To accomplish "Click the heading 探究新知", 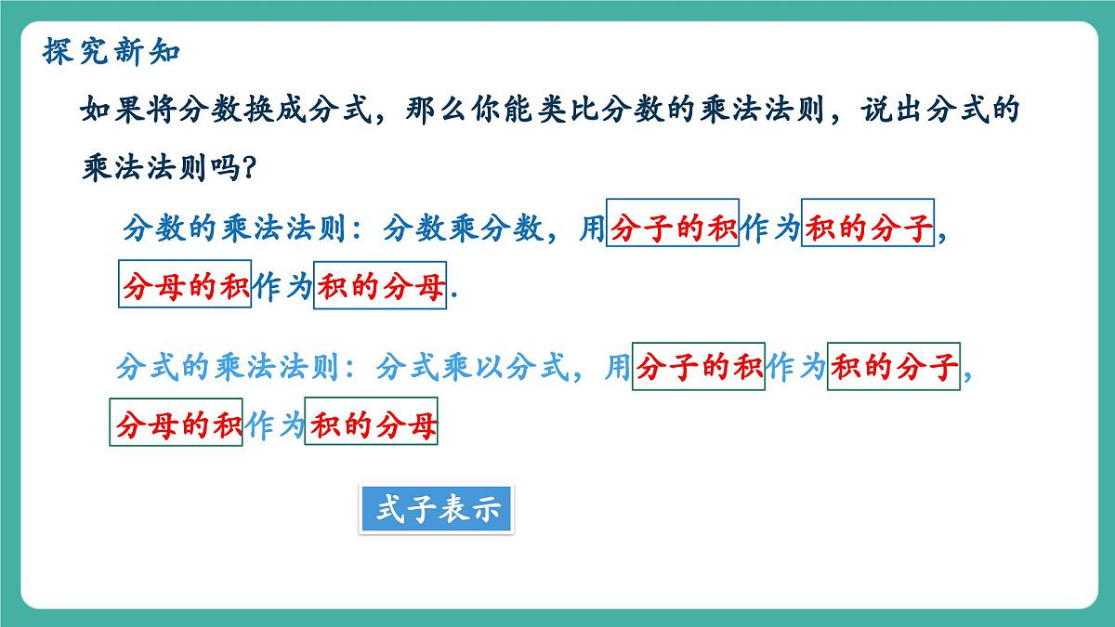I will point(111,51).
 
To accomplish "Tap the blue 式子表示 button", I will point(436,510).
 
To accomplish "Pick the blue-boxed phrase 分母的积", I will point(185,284).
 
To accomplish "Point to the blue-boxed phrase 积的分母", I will point(380,284).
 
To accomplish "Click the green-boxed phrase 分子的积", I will point(698,368).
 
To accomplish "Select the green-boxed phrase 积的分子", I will point(893,368).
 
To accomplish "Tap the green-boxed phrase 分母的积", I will point(177,424).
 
